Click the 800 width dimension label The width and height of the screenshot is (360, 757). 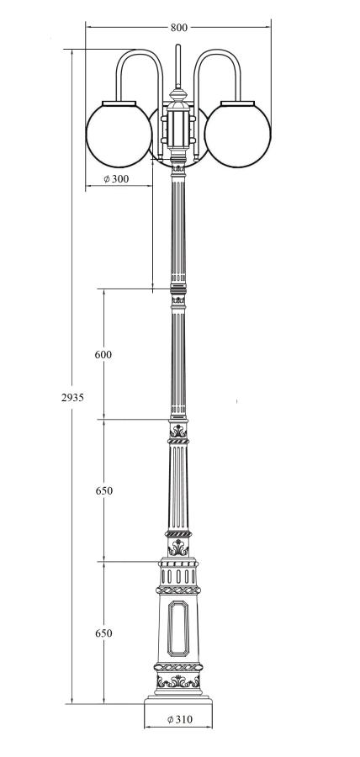coord(178,28)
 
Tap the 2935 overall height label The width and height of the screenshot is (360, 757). coord(72,397)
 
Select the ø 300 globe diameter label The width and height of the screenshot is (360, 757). coord(116,178)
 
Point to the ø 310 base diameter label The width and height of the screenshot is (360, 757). coord(179,719)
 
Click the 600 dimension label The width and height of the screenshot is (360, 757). coord(103,354)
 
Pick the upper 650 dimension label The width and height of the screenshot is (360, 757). coord(103,490)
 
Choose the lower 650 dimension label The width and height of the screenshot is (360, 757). coord(103,633)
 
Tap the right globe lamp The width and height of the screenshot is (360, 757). coord(237,135)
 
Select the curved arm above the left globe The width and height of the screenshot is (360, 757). coord(140,51)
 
